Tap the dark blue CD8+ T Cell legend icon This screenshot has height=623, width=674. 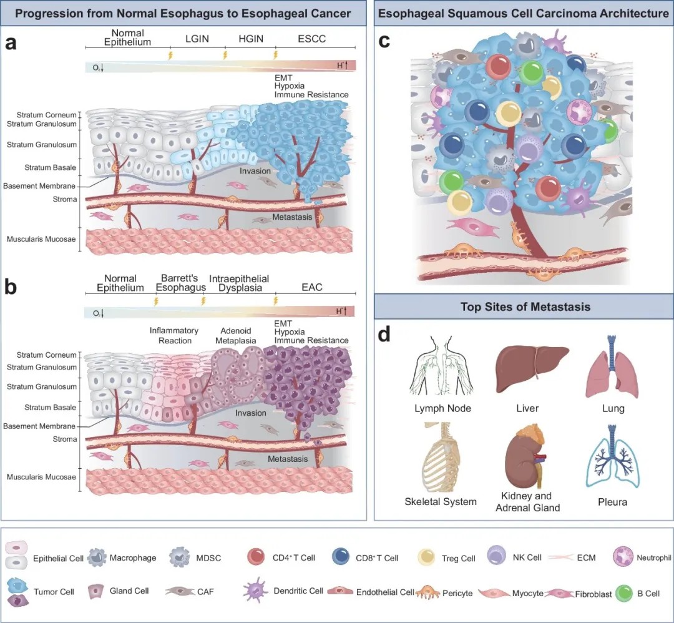coord(342,557)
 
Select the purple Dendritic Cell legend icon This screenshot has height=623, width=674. coord(256,591)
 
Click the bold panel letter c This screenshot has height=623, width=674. coord(385,41)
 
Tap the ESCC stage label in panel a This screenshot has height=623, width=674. coord(312,39)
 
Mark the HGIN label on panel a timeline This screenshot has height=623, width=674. coord(251,39)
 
